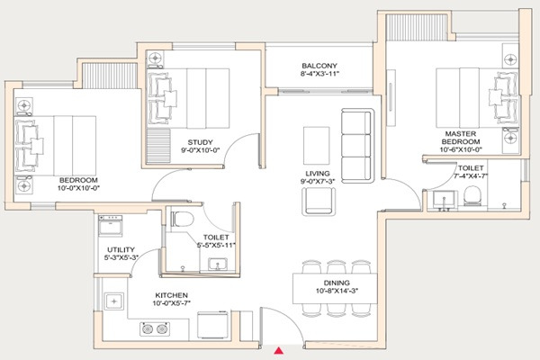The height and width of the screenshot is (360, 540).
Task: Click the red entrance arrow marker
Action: point(279,351)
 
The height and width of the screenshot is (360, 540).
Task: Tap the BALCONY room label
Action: point(319,66)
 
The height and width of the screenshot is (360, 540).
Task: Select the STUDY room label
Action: point(200,142)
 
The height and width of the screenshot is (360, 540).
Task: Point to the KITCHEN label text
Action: point(172,295)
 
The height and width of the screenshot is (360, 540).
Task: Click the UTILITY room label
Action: point(121,249)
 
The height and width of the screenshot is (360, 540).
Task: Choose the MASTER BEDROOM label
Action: point(461,138)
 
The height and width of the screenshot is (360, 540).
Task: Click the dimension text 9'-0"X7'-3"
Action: point(318,181)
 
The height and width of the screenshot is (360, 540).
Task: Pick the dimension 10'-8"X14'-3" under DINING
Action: point(337,291)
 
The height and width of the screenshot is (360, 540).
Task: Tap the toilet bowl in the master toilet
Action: point(472,196)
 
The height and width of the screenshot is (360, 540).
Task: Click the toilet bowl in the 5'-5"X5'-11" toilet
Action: point(182,219)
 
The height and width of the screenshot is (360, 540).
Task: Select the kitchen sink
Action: point(114,301)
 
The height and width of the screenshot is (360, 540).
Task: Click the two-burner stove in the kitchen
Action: point(155,329)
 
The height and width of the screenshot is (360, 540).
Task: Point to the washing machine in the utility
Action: point(110,226)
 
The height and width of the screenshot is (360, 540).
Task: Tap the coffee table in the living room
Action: point(317,146)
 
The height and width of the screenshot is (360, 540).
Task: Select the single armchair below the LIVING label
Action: point(319,202)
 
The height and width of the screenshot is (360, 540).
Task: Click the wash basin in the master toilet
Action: point(445,200)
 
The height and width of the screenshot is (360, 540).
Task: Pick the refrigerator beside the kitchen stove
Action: point(212,325)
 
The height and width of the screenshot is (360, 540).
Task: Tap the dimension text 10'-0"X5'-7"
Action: point(172,303)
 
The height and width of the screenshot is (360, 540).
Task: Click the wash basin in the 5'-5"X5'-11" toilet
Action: point(218,265)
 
